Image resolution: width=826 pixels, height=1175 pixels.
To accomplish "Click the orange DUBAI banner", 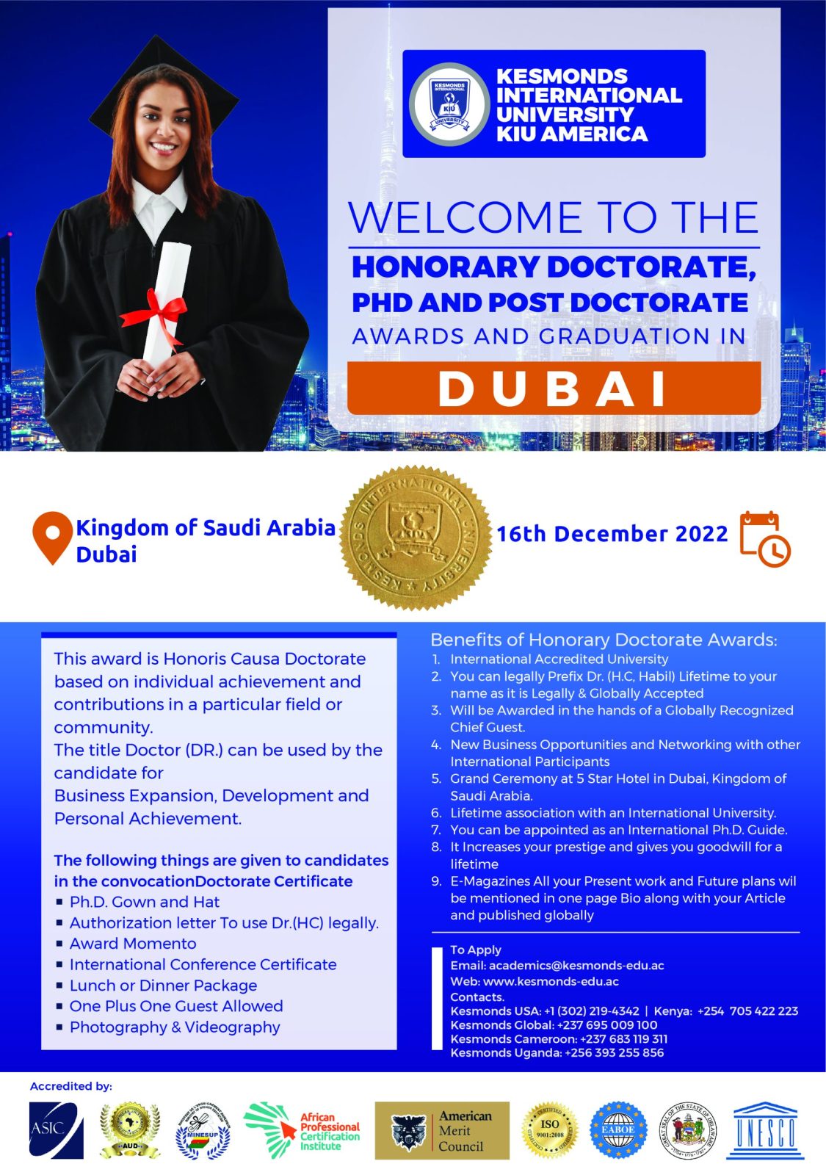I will point(554,388).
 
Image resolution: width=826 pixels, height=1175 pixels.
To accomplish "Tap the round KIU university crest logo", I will point(449,104).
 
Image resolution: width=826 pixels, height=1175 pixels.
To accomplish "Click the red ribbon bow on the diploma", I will point(156,311).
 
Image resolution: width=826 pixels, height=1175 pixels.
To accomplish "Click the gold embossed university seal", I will point(416,538).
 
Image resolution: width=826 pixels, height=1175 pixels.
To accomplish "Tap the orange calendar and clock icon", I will point(764,539).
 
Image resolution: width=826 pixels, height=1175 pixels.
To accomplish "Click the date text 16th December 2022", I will point(612,534).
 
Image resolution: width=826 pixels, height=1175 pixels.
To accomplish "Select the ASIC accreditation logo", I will point(56,1130).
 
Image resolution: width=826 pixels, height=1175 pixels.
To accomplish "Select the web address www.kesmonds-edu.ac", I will point(551,982).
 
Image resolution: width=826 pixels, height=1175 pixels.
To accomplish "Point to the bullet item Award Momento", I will point(133,944).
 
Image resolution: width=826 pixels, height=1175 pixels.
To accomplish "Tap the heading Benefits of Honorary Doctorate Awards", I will point(604,640).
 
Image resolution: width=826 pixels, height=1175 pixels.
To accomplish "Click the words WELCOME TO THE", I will point(554,217).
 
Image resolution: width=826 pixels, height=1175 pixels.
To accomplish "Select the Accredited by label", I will point(71,1086).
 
